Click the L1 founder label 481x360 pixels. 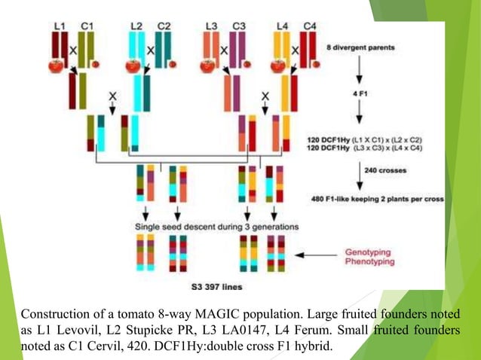60,26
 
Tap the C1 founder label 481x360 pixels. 87,26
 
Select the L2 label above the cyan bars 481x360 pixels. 136,26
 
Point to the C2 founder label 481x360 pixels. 164,26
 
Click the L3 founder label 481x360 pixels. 211,26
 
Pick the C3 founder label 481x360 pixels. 239,26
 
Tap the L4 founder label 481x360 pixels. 282,26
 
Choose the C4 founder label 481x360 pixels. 309,26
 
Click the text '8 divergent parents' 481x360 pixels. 360,48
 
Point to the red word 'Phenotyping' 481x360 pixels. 369,262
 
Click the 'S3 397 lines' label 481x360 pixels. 216,287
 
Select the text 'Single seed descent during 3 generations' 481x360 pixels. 216,226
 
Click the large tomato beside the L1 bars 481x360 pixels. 56,65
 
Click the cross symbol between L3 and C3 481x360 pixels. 224,50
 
